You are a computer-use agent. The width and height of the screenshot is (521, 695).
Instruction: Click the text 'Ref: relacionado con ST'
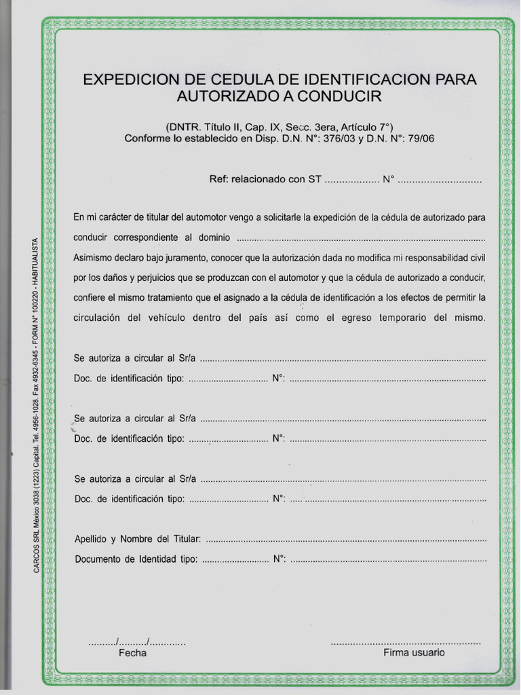coord(266,181)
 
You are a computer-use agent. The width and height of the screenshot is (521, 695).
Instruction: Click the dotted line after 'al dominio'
coord(362,239)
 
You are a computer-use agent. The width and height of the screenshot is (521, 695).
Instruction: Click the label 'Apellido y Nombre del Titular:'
coord(138,540)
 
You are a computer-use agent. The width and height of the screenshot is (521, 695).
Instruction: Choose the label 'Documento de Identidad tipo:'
coord(136,560)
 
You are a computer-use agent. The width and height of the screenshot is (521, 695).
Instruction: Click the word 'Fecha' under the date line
coord(132,653)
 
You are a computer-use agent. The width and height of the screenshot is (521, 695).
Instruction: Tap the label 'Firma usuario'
coord(414,652)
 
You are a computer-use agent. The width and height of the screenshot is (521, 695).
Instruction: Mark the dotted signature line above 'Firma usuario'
coord(406,642)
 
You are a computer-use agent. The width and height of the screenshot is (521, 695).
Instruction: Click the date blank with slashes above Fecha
coord(136,641)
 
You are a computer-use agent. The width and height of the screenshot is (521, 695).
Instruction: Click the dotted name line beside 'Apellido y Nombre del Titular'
coord(345,540)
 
